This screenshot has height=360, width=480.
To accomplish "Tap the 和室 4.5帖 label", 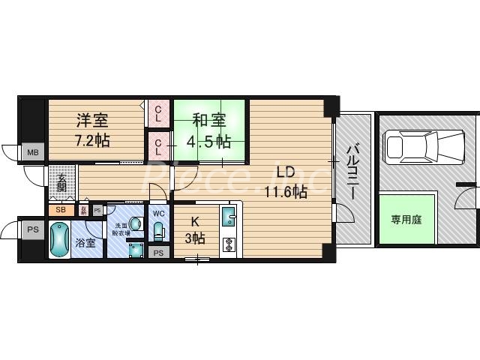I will click(x=200, y=130).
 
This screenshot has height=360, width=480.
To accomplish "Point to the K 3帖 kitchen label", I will click(x=195, y=230).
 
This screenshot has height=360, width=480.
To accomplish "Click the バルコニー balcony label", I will click(x=352, y=172).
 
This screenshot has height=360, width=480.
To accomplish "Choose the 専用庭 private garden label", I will click(x=406, y=220).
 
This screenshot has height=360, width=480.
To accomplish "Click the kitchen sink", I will click(x=229, y=218).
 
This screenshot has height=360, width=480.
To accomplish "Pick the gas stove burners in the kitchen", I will click(x=229, y=244).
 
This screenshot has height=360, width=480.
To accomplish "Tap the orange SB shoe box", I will click(x=61, y=209).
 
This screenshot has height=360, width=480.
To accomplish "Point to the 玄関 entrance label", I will click(x=61, y=184).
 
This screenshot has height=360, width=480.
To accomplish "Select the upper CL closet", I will click(x=158, y=113).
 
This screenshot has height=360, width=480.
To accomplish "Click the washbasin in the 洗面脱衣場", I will click(x=136, y=223).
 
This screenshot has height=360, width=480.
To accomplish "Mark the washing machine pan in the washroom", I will click(x=135, y=248).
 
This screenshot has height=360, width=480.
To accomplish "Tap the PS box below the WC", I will click(x=158, y=253).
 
